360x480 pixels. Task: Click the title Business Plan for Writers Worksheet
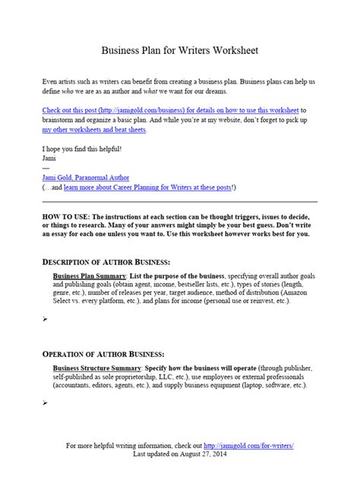180,50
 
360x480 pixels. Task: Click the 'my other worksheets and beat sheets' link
95,130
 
